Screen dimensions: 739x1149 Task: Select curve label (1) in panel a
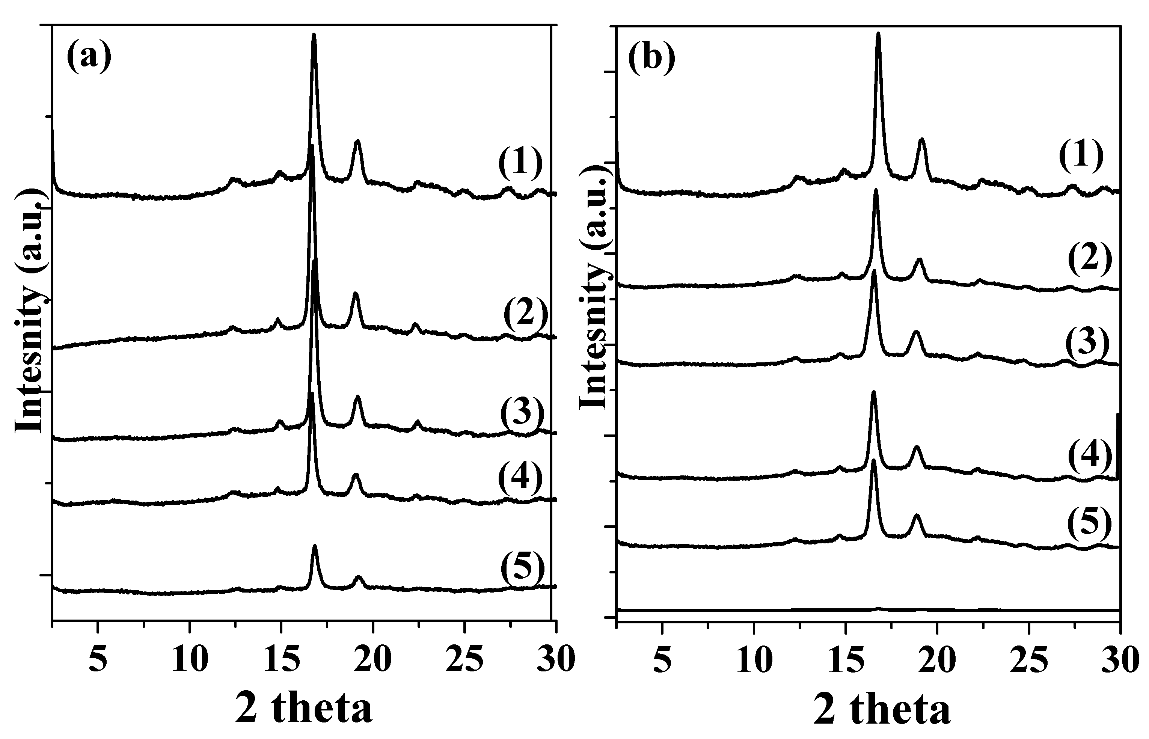pos(520,163)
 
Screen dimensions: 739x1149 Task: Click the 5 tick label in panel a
pos(98,660)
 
